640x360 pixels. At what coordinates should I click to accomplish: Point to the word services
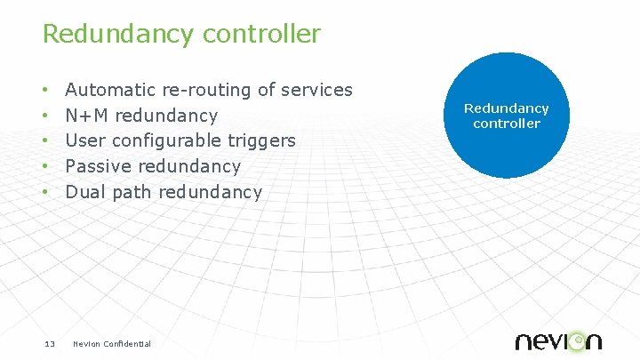click(x=316, y=90)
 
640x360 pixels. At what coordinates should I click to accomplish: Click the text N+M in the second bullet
click(x=88, y=116)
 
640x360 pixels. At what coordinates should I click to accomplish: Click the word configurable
click(x=166, y=141)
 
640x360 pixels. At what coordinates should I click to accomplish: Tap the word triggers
click(x=262, y=141)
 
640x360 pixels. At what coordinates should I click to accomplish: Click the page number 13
click(x=50, y=344)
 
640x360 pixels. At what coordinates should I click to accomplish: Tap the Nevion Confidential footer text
click(x=112, y=344)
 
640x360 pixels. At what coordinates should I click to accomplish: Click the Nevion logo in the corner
click(x=558, y=340)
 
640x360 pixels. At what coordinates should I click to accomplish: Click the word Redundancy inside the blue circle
click(x=507, y=108)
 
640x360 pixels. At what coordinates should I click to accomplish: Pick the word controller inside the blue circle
click(x=507, y=124)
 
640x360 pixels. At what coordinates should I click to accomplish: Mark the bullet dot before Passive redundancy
click(x=45, y=167)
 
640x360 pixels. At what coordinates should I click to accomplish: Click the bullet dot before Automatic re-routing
click(x=45, y=91)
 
